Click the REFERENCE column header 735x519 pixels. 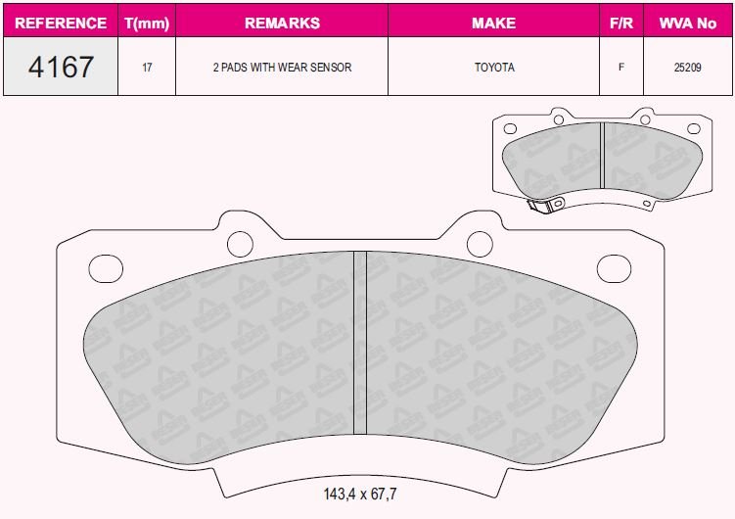[61, 23]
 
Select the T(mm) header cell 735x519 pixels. [147, 23]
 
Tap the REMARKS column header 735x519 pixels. [282, 23]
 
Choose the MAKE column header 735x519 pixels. [493, 23]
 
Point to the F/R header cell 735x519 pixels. [620, 23]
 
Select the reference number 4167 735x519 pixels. [61, 68]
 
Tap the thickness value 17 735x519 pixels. [147, 68]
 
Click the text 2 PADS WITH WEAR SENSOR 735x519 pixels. [282, 68]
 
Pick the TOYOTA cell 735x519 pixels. [493, 68]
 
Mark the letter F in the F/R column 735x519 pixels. [620, 68]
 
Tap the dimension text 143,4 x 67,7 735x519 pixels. [360, 493]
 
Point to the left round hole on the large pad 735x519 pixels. [239, 242]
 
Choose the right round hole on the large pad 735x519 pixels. [479, 242]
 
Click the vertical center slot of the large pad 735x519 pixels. [359, 343]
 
